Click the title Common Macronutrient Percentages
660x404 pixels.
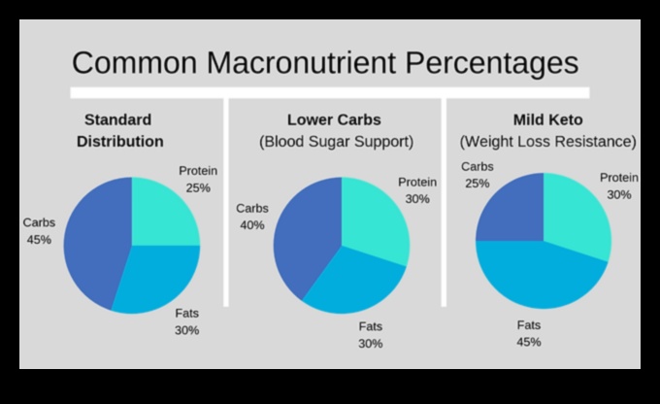coord(325,63)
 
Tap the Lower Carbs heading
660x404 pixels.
coord(334,120)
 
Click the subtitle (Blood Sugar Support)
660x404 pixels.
coord(336,142)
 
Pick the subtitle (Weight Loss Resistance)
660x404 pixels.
coord(548,142)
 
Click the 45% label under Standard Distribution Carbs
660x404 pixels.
coord(40,239)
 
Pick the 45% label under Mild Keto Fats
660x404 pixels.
coord(529,342)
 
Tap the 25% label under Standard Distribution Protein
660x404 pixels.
coord(198,187)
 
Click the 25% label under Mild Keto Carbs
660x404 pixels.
coord(477,183)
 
